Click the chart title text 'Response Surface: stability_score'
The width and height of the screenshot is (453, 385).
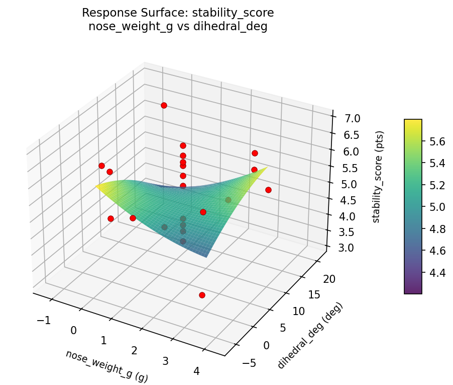178,13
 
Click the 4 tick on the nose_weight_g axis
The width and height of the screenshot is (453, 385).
196,371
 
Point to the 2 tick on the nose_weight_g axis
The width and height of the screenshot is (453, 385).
134,350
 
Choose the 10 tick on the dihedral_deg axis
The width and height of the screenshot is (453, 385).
298,311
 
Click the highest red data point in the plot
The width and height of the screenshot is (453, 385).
164,105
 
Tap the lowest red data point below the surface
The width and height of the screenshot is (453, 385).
202,295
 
